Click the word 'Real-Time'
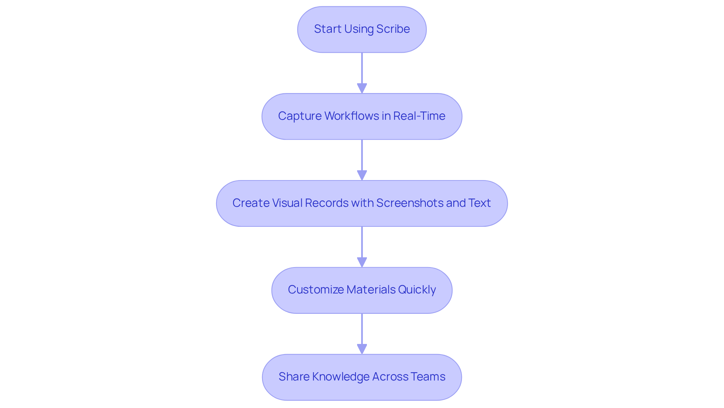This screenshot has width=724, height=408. point(419,116)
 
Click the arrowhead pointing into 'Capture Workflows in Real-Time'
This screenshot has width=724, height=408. point(362,88)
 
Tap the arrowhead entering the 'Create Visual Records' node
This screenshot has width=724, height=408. point(362,175)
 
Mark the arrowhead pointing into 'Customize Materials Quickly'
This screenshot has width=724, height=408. point(362,262)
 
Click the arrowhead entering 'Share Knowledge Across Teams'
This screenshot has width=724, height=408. point(362,349)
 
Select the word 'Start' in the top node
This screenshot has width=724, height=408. point(327,29)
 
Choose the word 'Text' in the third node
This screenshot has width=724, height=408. point(479,203)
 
